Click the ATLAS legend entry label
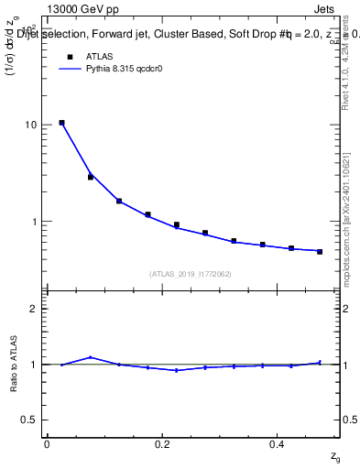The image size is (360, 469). coord(100,57)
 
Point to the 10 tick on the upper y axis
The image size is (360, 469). coord(30,125)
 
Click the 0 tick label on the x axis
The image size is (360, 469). coord(47,444)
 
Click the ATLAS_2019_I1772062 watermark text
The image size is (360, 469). coord(191,273)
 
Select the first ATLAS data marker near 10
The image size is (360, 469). coord(61,123)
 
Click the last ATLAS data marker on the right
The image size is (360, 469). coord(320,251)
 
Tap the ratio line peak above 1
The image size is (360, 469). coord(90,357)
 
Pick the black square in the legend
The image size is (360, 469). coord(69,57)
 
